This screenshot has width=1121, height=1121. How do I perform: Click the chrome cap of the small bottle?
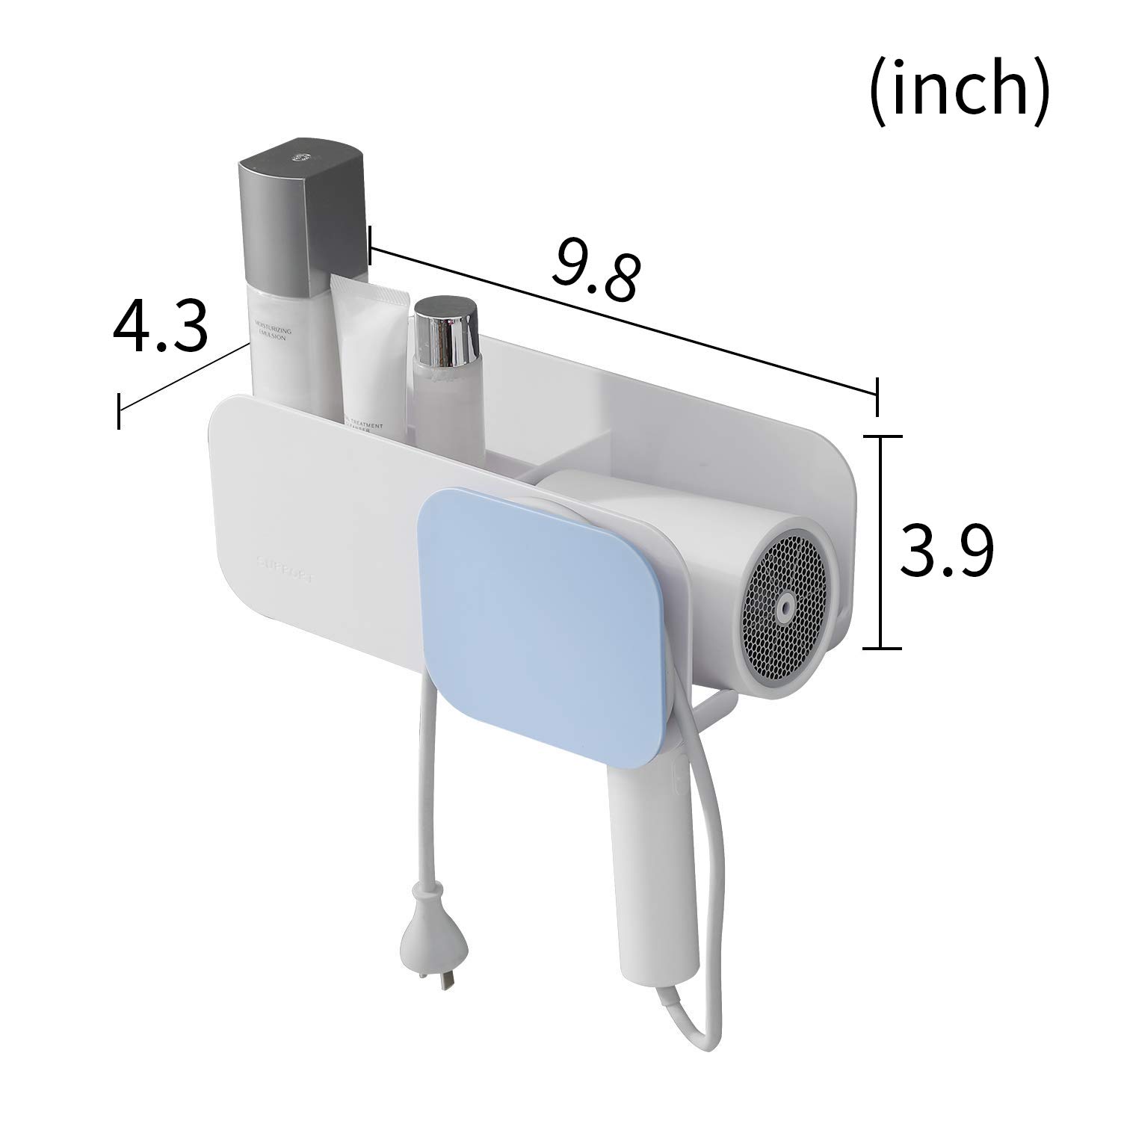(x=445, y=330)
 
